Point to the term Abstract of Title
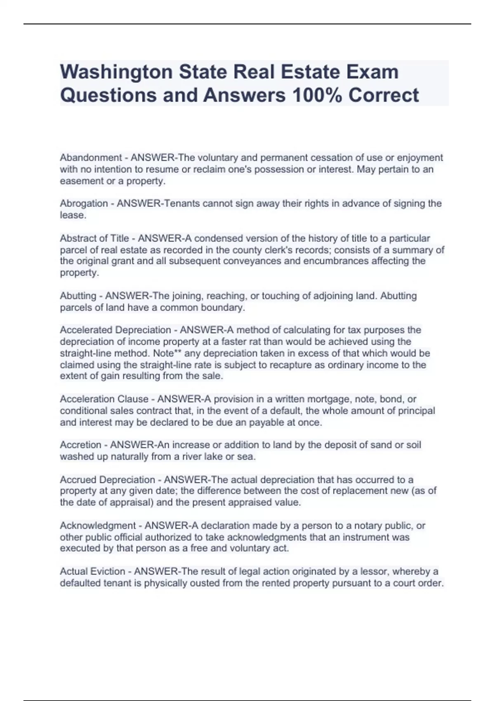point(94,238)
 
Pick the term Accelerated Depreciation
point(115,330)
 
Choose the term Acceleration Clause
point(104,399)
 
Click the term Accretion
point(80,445)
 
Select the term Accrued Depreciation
point(107,480)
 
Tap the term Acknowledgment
point(98,526)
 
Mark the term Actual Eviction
point(92,572)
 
